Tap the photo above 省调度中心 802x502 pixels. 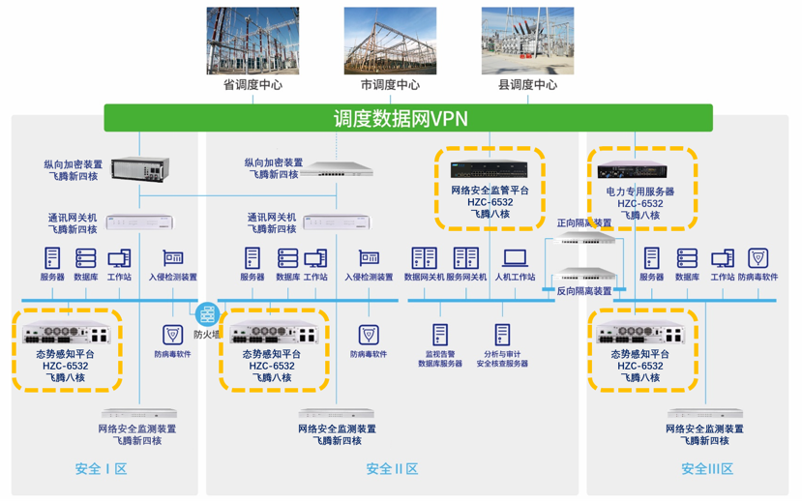(x=252, y=41)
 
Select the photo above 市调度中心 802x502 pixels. (x=390, y=41)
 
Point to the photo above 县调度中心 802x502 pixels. (x=527, y=41)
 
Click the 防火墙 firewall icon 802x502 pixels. (x=207, y=314)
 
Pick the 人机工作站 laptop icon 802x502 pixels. (x=515, y=258)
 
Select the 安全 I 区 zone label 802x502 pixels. (x=101, y=469)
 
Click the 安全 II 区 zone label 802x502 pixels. (x=392, y=469)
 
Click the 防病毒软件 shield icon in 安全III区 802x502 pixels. (x=758, y=258)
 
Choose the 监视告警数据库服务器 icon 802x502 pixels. (x=440, y=335)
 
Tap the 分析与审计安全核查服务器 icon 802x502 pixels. (x=502, y=335)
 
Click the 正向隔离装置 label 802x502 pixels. (x=584, y=222)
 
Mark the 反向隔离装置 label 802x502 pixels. (x=584, y=290)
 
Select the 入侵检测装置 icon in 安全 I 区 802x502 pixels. (x=173, y=258)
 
